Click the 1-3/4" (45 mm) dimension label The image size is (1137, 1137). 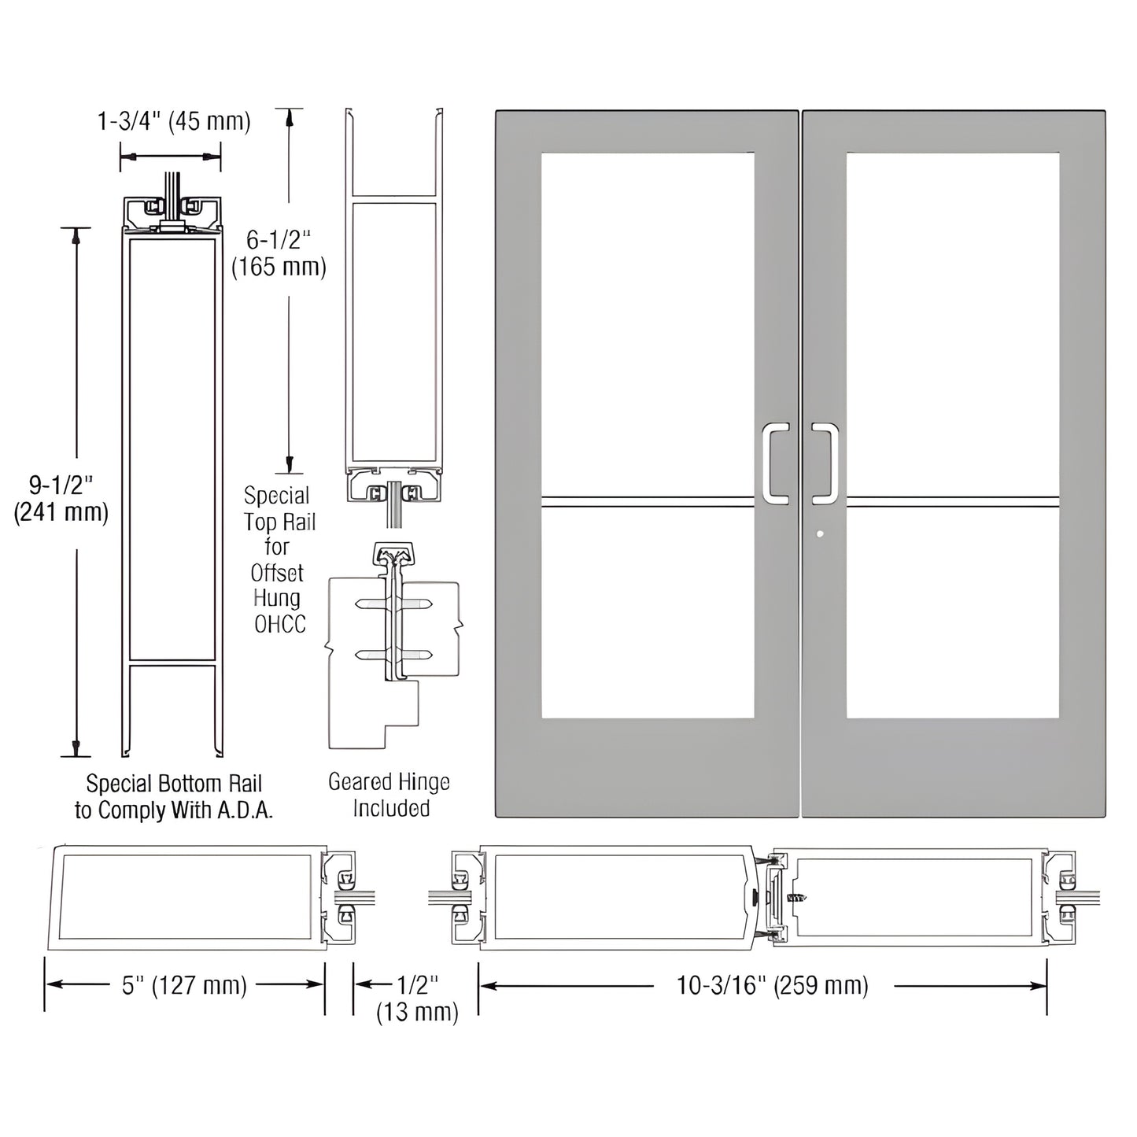pos(173,121)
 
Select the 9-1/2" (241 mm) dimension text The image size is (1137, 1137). pos(61,497)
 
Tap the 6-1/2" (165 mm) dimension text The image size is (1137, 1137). pos(279,253)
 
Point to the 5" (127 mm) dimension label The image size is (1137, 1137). pos(184,985)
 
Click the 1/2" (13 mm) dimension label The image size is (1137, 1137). pos(417,998)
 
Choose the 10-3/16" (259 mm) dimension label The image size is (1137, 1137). pos(772,985)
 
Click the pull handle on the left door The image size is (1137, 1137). pos(775,463)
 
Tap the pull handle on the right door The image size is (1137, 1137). pos(825,463)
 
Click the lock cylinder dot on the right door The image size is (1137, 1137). pos(821,534)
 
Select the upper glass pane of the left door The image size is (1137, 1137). pos(648,323)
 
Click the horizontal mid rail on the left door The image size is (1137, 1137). pos(648,499)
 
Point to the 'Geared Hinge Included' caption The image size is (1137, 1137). pos(389,795)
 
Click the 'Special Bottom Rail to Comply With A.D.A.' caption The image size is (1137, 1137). pos(174,797)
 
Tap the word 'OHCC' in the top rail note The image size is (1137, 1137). pos(279,625)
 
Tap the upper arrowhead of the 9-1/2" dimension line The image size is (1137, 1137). pos(76,234)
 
